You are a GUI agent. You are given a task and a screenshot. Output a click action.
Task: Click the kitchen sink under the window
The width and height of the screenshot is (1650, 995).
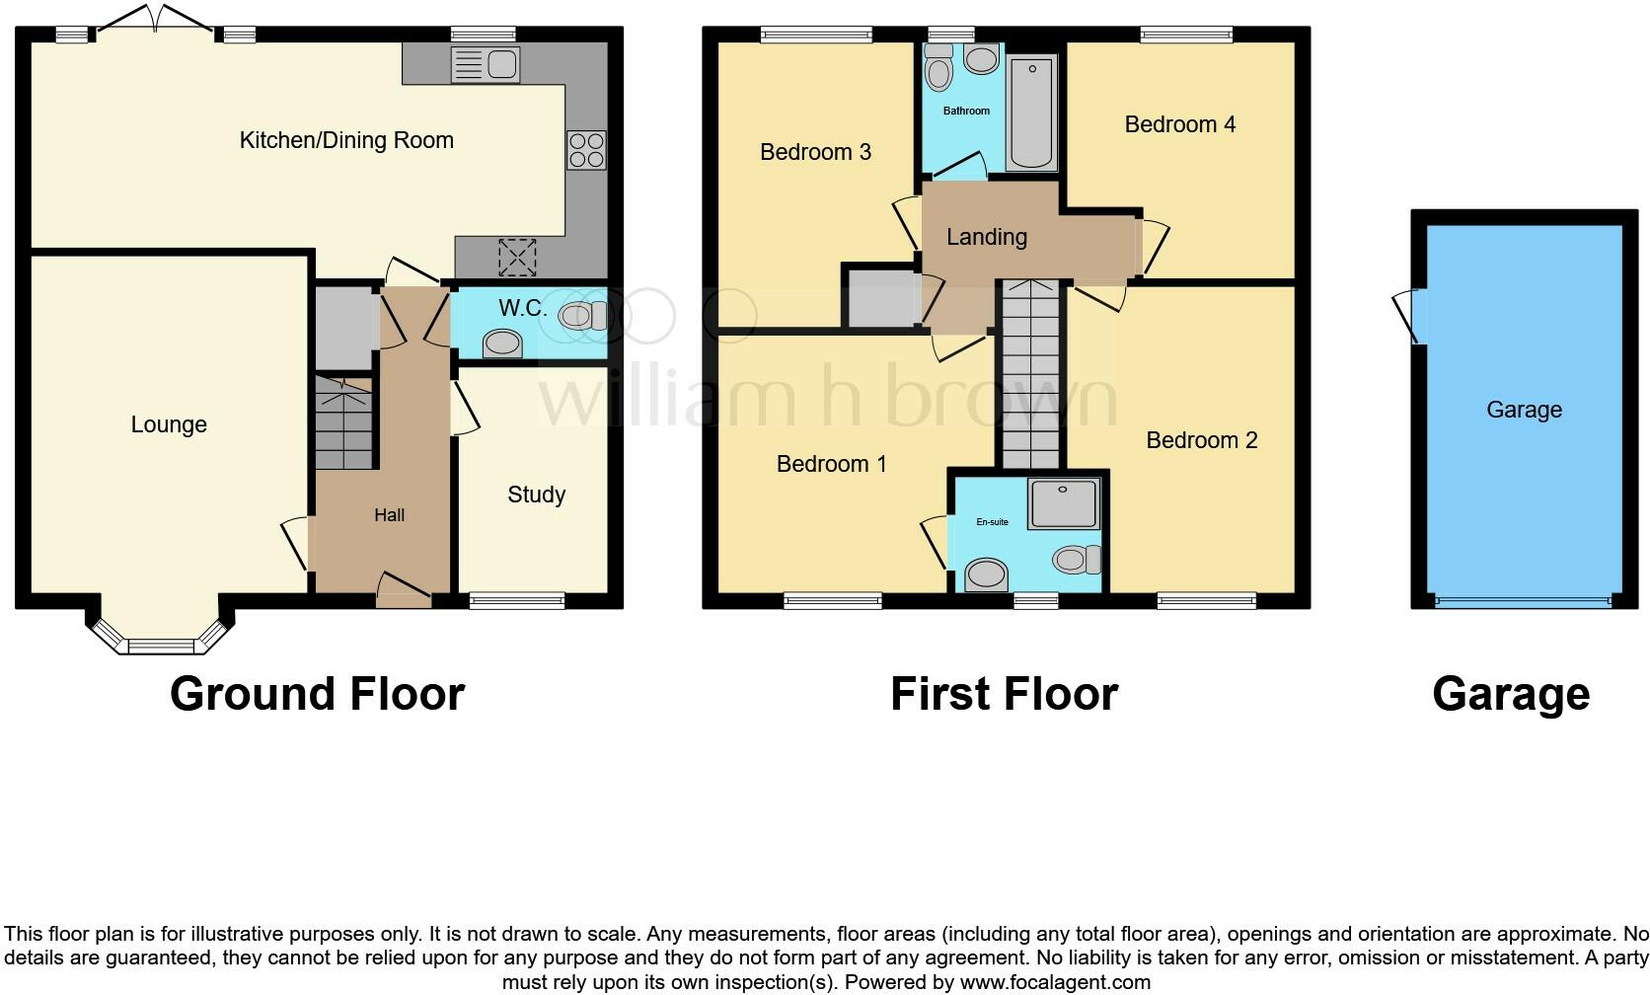point(485,65)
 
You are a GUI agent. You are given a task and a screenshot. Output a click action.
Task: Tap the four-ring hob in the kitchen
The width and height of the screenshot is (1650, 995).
point(586,150)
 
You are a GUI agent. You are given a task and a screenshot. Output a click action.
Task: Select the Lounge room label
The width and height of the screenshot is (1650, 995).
point(169,424)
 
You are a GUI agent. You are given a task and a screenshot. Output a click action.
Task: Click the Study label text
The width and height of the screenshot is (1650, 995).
point(536,495)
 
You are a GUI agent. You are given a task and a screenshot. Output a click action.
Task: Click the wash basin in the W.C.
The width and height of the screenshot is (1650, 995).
point(502,344)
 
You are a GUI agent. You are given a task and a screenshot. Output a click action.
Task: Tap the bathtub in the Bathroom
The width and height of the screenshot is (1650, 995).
point(1031,113)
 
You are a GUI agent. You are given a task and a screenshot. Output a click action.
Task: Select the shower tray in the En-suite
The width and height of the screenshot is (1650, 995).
point(1063,503)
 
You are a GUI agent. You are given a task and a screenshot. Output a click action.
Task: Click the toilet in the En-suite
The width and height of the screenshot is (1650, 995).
point(1076,560)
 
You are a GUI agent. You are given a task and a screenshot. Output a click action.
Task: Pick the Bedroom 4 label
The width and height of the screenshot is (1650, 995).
point(1179,124)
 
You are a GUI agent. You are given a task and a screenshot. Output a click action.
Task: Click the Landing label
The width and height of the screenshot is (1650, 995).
point(986,237)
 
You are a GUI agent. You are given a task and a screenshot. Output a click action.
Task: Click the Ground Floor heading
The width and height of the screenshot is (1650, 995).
point(317,694)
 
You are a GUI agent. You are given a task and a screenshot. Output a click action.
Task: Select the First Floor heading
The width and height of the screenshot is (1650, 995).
point(1004,694)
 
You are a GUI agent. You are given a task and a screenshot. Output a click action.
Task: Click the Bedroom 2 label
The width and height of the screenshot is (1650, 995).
point(1201,440)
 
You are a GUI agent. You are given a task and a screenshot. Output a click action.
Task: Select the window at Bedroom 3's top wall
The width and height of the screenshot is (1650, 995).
point(816,36)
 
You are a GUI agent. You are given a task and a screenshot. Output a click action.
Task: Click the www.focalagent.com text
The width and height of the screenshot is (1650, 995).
point(1054,982)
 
